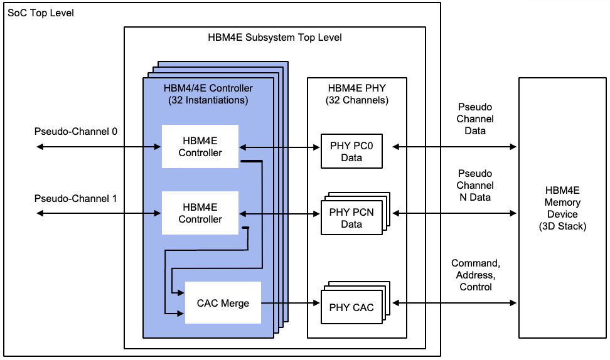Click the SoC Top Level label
41,13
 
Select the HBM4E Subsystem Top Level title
275,37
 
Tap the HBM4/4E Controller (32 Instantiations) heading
208,94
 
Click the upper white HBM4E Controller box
200,147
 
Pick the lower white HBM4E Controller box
200,214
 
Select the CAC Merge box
223,304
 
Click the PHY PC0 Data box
351,152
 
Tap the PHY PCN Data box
351,218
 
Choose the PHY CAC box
351,307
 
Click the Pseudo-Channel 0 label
76,132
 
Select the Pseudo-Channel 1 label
76,199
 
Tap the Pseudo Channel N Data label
474,185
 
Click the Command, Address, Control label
474,275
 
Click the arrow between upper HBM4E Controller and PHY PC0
280,147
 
